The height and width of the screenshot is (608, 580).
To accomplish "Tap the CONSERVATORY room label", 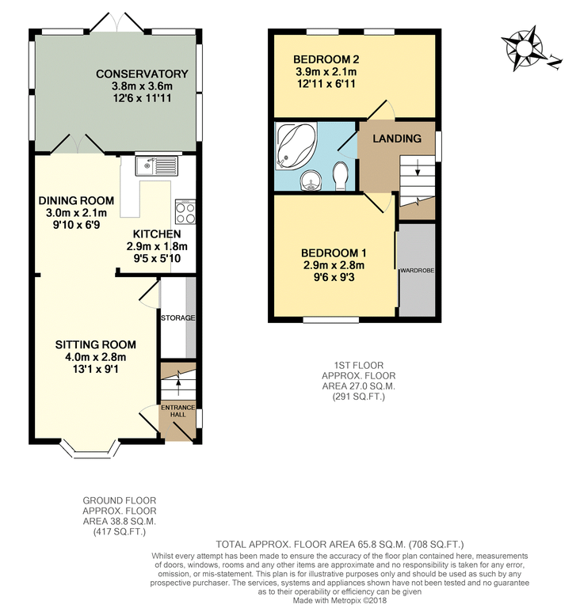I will [142, 74].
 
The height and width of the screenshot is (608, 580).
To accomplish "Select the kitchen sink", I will [157, 165].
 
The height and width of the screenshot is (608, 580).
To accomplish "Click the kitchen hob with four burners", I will [185, 212].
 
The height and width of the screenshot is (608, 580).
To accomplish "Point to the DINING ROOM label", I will [77, 200].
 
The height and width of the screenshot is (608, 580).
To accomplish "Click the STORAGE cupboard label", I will [177, 318].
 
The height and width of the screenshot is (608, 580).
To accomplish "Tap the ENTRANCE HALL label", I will [178, 412].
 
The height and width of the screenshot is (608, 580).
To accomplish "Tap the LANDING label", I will [397, 139].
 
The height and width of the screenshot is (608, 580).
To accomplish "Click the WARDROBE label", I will [417, 271].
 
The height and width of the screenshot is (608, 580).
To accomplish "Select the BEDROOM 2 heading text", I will [326, 59].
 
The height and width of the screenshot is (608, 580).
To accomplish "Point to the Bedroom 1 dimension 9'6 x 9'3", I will [334, 279].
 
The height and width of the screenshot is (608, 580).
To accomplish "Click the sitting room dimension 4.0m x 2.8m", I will [94, 358].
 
